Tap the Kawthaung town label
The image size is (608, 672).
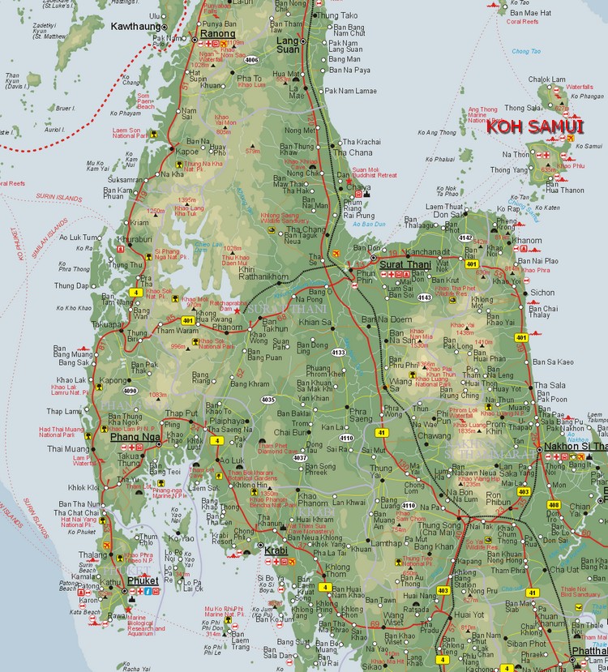point(136,27)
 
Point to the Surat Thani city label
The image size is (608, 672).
point(406,263)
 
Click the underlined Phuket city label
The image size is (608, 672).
point(143,580)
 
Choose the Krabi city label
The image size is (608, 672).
point(276,550)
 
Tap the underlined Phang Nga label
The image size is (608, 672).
point(134,437)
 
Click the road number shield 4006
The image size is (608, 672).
point(251,59)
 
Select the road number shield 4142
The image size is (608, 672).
point(465,238)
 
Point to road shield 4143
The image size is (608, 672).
point(423,297)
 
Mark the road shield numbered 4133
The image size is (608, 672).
point(338,352)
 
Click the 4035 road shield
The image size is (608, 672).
point(268,400)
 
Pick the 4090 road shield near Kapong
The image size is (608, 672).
point(130,391)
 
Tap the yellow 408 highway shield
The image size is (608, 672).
point(554,505)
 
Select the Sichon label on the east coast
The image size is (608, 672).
point(542,293)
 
